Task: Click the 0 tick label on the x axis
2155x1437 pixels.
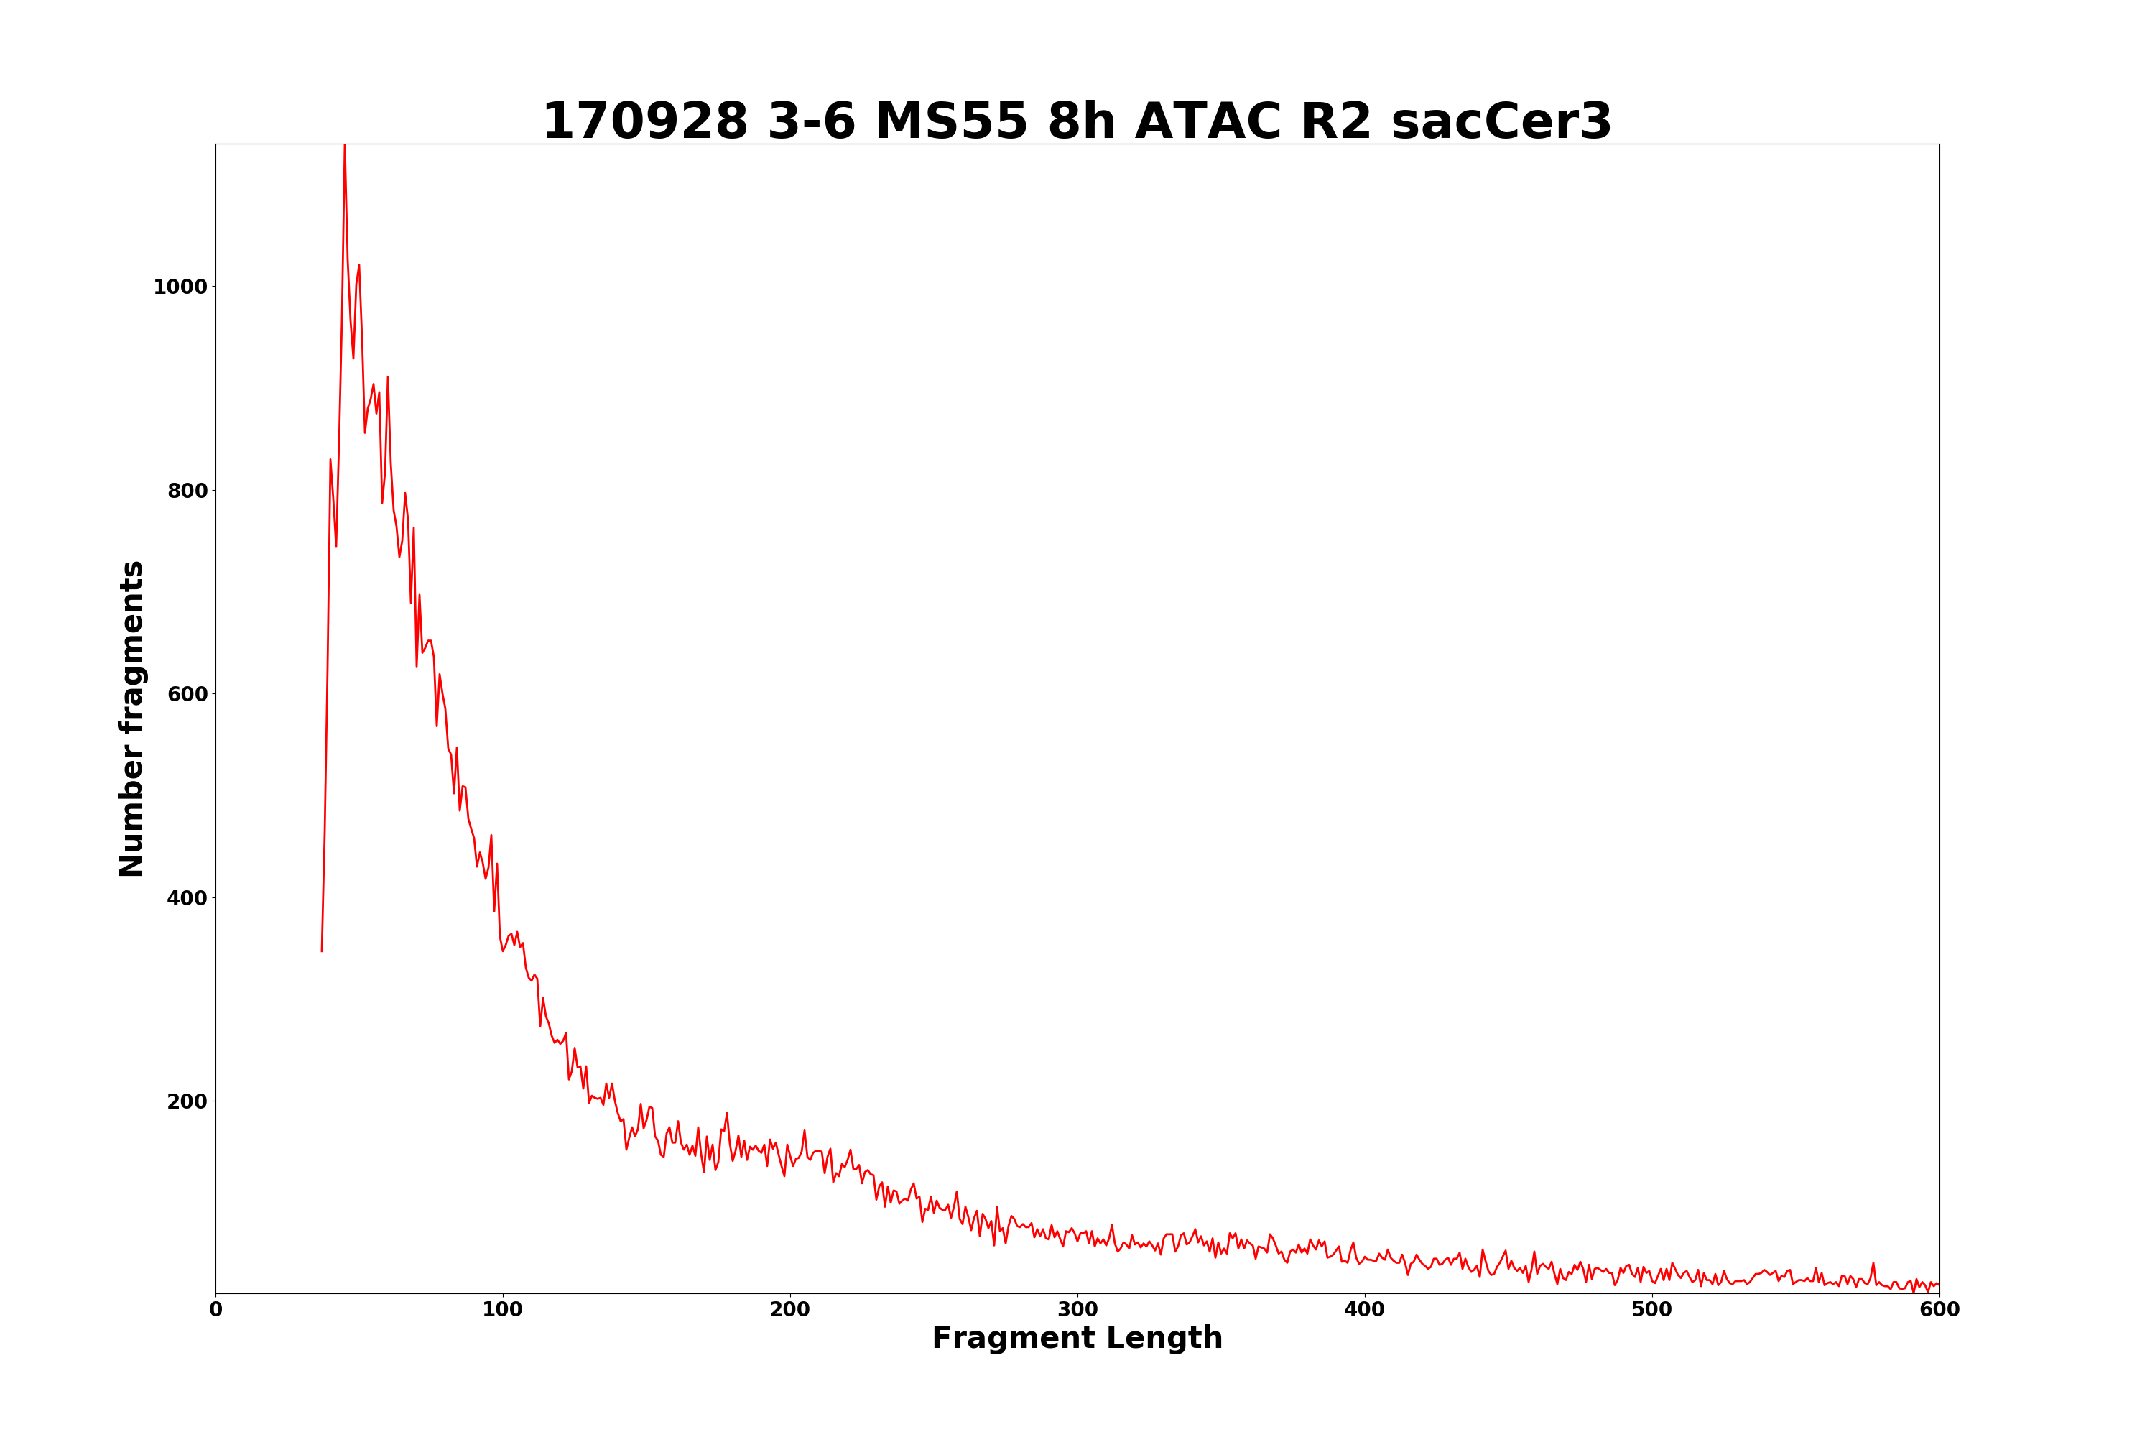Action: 216,1310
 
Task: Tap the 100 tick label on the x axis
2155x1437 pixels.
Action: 503,1310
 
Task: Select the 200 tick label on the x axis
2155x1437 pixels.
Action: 789,1310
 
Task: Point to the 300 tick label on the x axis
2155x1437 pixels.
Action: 1077,1310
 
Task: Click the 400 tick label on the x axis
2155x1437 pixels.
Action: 1364,1310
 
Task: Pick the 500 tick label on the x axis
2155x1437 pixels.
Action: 1652,1310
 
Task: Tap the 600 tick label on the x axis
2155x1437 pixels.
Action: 1939,1310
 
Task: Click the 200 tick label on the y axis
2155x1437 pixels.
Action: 187,1101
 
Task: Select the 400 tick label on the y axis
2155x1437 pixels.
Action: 187,898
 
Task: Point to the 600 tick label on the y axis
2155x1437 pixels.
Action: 187,694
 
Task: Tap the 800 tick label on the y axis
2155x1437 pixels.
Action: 187,490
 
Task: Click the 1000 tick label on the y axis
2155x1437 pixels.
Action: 180,287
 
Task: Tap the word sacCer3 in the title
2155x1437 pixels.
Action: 1501,122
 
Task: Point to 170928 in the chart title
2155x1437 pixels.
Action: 645,122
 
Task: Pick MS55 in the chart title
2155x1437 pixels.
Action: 951,122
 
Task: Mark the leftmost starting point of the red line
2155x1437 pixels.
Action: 322,951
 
